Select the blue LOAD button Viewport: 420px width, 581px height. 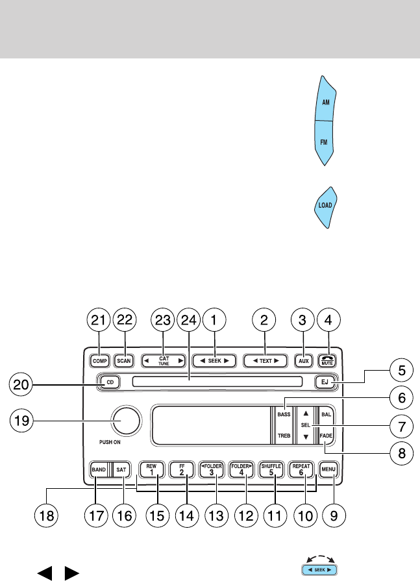[325, 205]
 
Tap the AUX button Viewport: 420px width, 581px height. [303, 359]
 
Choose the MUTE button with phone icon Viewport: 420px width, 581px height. [327, 359]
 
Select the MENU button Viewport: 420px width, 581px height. [327, 469]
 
